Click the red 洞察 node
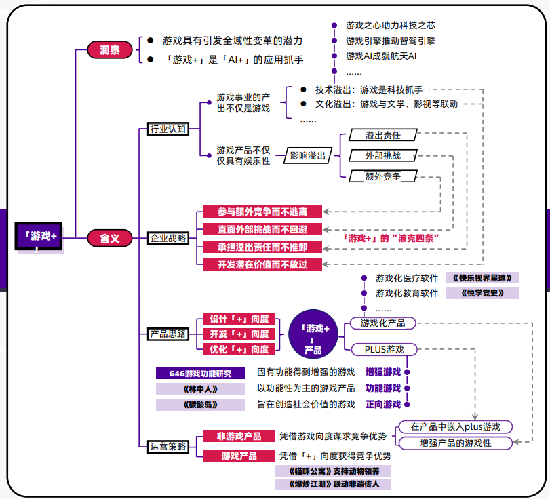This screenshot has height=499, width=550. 110,50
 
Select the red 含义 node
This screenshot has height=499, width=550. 110,238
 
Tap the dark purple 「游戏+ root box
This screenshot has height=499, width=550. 41,237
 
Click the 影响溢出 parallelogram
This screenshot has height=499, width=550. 307,156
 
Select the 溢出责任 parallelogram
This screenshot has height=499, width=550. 382,135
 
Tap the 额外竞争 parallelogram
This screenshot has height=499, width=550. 382,176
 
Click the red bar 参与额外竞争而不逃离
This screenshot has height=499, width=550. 262,212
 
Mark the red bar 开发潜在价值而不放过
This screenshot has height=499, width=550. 262,264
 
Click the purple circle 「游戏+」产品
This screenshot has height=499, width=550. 313,334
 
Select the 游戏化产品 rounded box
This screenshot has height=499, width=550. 382,323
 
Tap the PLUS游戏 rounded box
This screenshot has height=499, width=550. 382,349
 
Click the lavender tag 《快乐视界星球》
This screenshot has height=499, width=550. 482,278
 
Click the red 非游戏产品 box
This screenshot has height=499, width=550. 239,436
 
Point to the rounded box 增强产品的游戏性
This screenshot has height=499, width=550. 455,443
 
